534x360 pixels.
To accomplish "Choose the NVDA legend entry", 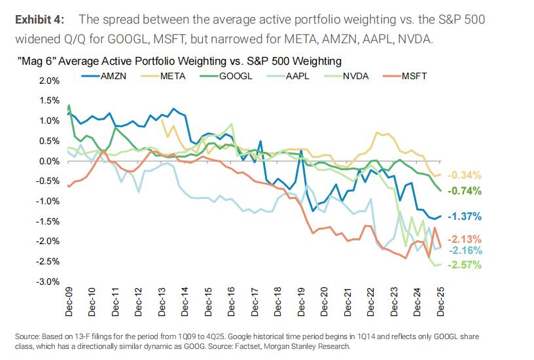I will (x=357, y=77).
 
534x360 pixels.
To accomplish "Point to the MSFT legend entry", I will (x=413, y=77).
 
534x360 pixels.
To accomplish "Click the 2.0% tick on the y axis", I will (x=50, y=81).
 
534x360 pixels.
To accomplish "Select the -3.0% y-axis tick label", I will (x=48, y=281).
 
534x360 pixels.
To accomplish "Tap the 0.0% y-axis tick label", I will (x=50, y=161).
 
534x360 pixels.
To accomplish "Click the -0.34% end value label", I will (x=465, y=175).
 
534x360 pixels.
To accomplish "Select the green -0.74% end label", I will (x=465, y=191).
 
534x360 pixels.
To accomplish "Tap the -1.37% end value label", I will (x=465, y=216).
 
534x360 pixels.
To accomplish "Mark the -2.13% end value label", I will (x=465, y=239).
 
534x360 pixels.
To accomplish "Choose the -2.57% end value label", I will (x=465, y=264).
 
